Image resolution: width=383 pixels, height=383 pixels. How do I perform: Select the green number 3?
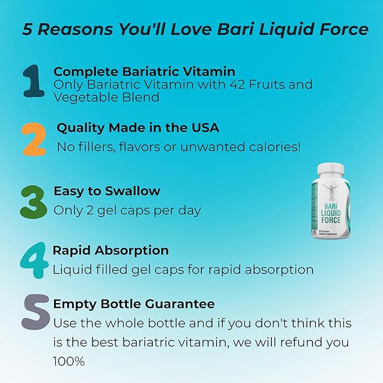33,200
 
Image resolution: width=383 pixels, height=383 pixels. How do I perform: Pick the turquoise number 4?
34,261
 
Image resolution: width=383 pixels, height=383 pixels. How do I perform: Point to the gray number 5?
34,314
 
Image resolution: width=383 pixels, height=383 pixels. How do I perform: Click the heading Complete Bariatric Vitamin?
144,72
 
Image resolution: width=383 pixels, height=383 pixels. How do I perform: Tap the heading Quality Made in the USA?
138,128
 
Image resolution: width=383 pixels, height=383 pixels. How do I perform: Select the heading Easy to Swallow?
107,191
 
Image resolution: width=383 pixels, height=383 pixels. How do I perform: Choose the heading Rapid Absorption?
111,250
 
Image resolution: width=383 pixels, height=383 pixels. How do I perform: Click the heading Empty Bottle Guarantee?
134,304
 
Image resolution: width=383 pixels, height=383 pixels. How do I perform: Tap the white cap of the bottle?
331,169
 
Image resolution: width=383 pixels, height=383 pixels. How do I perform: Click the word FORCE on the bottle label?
331,220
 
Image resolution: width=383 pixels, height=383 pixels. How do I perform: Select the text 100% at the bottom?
69,360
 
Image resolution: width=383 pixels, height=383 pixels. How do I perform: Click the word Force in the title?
342,29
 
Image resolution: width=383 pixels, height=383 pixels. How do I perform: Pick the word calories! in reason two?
274,147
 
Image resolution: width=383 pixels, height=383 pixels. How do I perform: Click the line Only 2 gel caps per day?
127,210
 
